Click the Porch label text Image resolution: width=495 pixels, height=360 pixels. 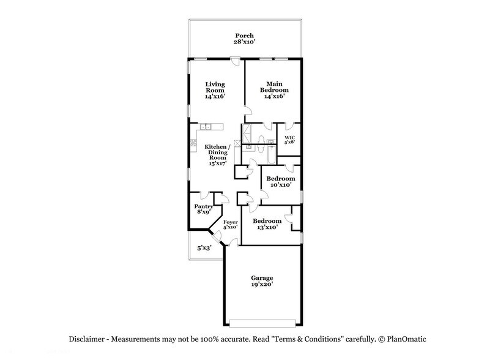[244, 36]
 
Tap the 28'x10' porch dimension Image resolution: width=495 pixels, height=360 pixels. [244, 43]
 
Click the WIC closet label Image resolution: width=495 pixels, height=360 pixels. [290, 137]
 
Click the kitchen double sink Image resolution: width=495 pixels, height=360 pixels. [206, 127]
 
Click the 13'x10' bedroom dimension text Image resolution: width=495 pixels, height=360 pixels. [267, 227]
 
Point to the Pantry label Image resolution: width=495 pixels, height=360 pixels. [203, 206]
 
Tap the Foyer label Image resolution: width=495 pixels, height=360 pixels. [230, 222]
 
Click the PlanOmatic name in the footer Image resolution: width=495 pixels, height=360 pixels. [409, 339]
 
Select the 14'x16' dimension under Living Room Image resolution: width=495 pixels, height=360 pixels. [215, 97]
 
